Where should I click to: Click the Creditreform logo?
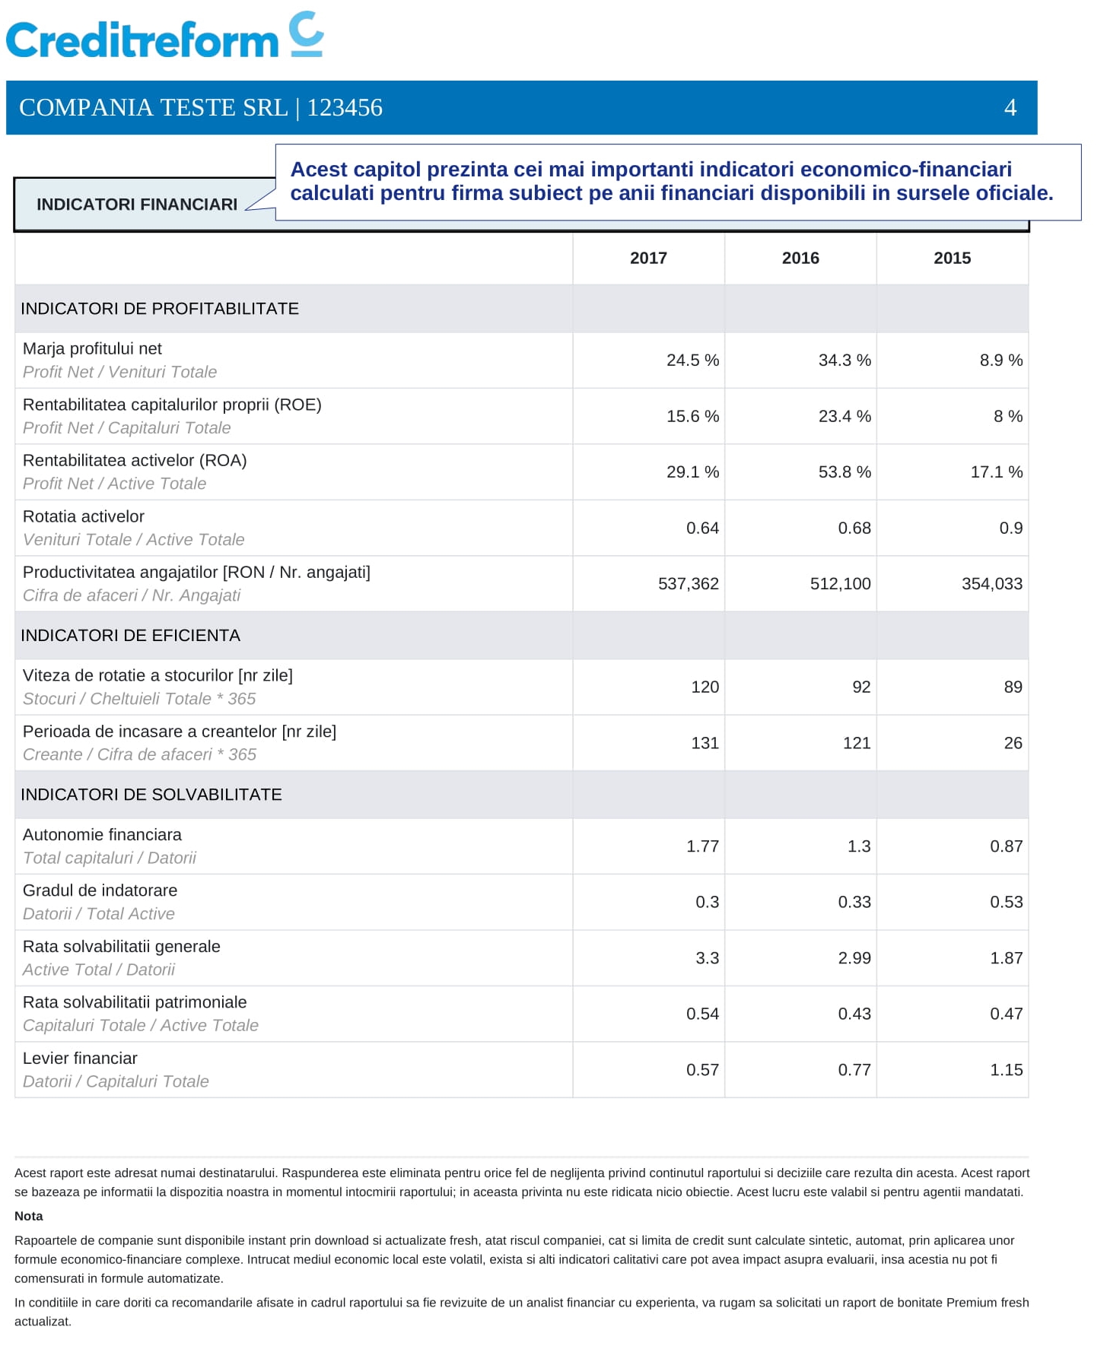[165, 36]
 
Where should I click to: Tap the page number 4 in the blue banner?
[1010, 108]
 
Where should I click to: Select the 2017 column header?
[648, 259]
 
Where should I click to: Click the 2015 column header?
[952, 259]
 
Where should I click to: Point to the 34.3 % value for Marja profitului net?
[845, 360]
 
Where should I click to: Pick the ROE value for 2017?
[692, 417]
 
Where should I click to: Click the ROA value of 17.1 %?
[997, 472]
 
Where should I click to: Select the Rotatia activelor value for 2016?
[854, 529]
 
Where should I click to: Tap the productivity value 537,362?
[689, 584]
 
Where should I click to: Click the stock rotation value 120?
[705, 687]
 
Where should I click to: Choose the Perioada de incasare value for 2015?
[1013, 744]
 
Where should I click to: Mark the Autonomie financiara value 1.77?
[702, 846]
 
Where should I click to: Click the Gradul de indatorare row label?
[100, 890]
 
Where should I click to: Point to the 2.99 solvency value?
[854, 958]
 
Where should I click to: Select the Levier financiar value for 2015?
[1007, 1070]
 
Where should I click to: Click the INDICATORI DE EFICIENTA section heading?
[130, 636]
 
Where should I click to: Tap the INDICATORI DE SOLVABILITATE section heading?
[151, 795]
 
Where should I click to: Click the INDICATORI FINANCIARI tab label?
[137, 205]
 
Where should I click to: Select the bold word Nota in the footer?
[29, 1216]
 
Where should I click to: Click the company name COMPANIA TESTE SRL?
[153, 108]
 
